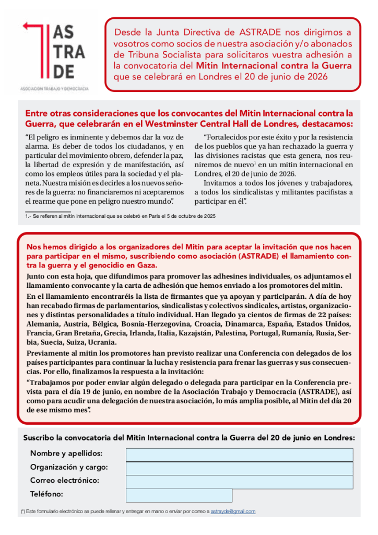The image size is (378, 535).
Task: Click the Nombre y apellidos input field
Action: click(239, 455)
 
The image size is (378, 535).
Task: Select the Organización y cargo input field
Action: click(239, 468)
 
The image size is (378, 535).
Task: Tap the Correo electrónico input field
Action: click(239, 481)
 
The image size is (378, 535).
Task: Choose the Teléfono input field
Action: click(179, 495)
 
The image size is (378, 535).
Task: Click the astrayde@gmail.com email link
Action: click(233, 511)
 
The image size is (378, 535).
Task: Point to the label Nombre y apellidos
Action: click(66, 453)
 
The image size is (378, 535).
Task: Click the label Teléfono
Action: click(46, 494)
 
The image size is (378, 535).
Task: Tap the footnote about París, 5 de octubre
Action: click(121, 216)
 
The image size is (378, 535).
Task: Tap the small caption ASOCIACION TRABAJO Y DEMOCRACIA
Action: click(54, 89)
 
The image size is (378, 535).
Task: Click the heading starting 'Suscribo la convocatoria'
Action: click(188, 437)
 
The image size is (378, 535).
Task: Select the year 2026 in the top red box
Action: click(314, 76)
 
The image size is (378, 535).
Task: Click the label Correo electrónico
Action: click(65, 480)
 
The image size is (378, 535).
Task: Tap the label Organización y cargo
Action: click(69, 467)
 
